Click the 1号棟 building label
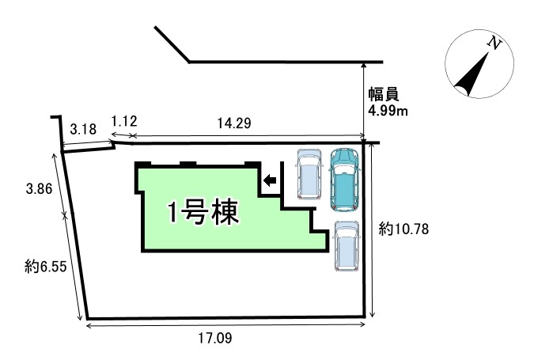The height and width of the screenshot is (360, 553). [x=203, y=213]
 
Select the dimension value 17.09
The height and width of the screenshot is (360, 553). [x=218, y=338]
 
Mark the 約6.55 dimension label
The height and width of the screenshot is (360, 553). [x=44, y=267]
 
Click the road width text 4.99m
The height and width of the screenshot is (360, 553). [x=388, y=111]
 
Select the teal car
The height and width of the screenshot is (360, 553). [x=344, y=180]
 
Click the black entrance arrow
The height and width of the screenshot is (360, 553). [x=270, y=181]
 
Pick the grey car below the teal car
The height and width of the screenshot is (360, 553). [x=346, y=246]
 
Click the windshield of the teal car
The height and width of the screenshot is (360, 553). [x=344, y=170]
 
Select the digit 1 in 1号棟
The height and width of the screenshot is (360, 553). [x=172, y=214]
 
